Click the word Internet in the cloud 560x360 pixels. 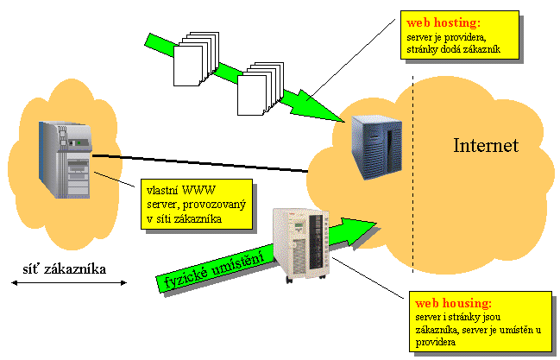click(x=486, y=146)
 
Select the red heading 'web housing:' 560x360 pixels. click(x=454, y=304)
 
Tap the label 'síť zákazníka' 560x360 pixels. click(x=65, y=268)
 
